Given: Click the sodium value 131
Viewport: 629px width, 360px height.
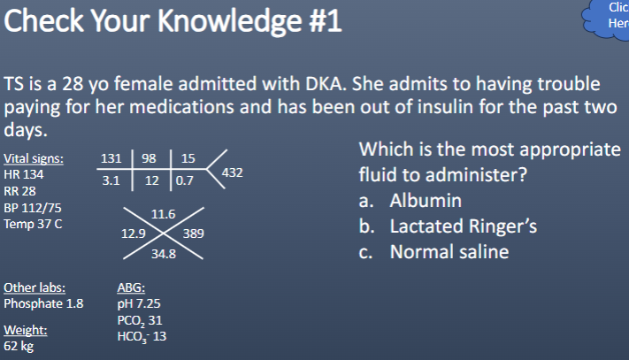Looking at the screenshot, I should pos(111,159).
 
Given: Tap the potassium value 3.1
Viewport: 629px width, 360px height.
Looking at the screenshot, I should pos(111,180).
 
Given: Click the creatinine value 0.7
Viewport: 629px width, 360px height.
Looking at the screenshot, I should pos(184,181).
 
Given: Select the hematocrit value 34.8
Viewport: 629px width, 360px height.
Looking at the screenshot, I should pos(164,254).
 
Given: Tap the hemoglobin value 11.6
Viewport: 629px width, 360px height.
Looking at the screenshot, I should pos(164,214).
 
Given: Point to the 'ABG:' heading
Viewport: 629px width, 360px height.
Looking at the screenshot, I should pos(132,287).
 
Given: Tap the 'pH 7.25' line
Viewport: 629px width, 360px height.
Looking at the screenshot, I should pos(139,303).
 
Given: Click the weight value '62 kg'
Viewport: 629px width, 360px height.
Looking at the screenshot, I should pos(19,346).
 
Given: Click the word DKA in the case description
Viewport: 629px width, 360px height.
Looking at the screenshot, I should pos(331,85).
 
